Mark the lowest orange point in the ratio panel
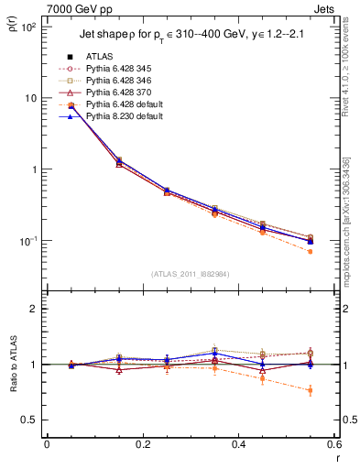[310, 390]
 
